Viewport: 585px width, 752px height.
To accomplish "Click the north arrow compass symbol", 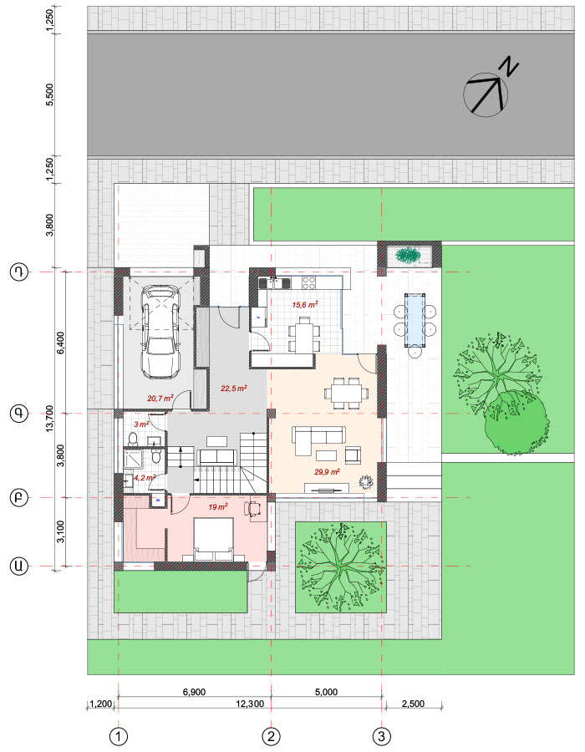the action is (486, 94).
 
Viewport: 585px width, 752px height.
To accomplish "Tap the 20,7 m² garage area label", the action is (160, 398).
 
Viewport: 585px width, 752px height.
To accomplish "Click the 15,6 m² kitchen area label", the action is (305, 304).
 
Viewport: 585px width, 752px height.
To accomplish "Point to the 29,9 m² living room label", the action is (327, 472).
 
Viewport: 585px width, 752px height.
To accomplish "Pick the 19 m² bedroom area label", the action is (217, 507).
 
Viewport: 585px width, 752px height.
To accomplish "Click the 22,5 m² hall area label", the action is (233, 388).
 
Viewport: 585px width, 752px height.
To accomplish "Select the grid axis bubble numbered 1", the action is (119, 736).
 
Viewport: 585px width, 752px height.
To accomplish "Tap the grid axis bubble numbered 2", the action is (272, 736).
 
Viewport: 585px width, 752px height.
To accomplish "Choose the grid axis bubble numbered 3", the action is (382, 736).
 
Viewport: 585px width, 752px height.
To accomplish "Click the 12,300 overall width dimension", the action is (250, 704).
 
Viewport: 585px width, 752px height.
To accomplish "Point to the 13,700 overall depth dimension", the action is (50, 419).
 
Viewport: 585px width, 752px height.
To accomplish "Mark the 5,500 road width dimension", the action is (50, 94).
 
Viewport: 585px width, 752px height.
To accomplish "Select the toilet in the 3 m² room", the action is (133, 439).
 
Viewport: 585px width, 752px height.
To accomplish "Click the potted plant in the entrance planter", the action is (408, 255).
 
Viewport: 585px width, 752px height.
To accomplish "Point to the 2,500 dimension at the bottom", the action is (413, 704).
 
